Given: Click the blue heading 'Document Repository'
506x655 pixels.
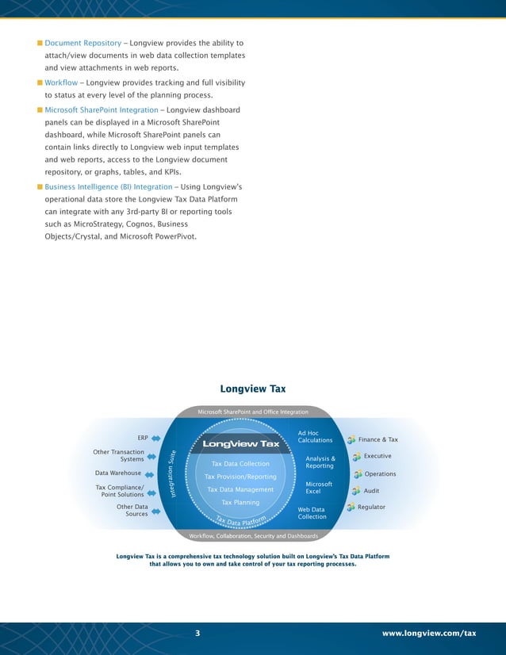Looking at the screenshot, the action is click(82, 42).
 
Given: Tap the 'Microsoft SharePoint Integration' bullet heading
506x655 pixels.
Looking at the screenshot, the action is click(102, 109).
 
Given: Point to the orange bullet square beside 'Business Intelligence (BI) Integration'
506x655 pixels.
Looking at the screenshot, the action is click(39, 187).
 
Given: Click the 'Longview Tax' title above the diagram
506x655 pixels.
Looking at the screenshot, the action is click(252, 389).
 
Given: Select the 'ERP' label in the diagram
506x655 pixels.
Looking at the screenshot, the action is click(143, 438).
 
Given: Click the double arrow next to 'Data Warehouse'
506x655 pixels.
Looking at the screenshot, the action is click(155, 474).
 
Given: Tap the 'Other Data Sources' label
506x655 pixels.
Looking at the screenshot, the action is click(132, 510).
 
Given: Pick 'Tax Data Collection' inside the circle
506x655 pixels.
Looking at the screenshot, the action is click(240, 464).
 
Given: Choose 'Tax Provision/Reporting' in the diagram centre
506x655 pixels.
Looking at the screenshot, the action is click(240, 477).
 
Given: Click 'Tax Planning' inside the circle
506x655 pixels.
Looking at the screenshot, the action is click(240, 503).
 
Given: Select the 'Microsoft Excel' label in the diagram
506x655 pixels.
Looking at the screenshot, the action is click(318, 488).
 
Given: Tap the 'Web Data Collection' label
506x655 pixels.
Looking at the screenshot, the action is click(312, 513).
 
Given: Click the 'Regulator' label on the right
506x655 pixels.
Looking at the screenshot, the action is click(371, 507).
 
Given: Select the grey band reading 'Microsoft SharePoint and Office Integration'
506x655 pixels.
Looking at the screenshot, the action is click(253, 412).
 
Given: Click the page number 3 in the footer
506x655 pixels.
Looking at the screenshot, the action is click(198, 633).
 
